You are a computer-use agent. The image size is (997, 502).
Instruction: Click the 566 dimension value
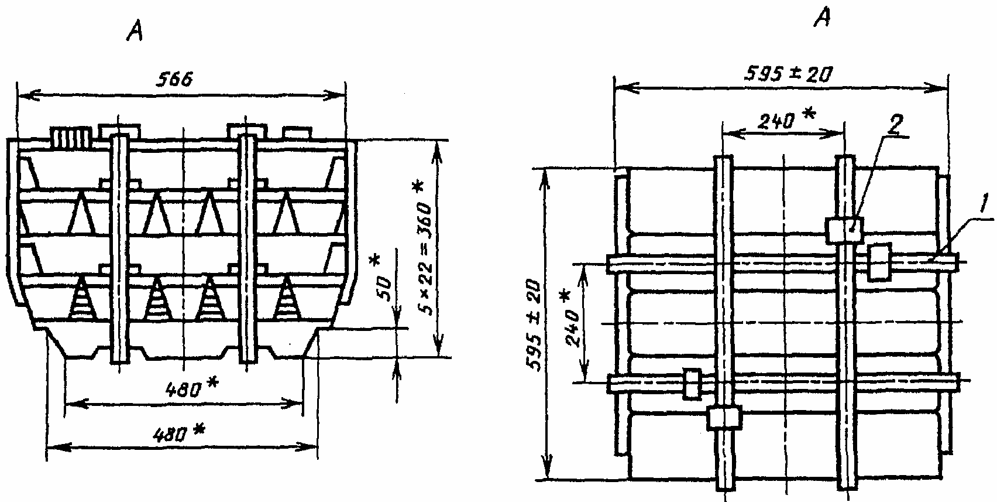click(174, 80)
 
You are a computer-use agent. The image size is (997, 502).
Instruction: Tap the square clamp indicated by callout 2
click(844, 230)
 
